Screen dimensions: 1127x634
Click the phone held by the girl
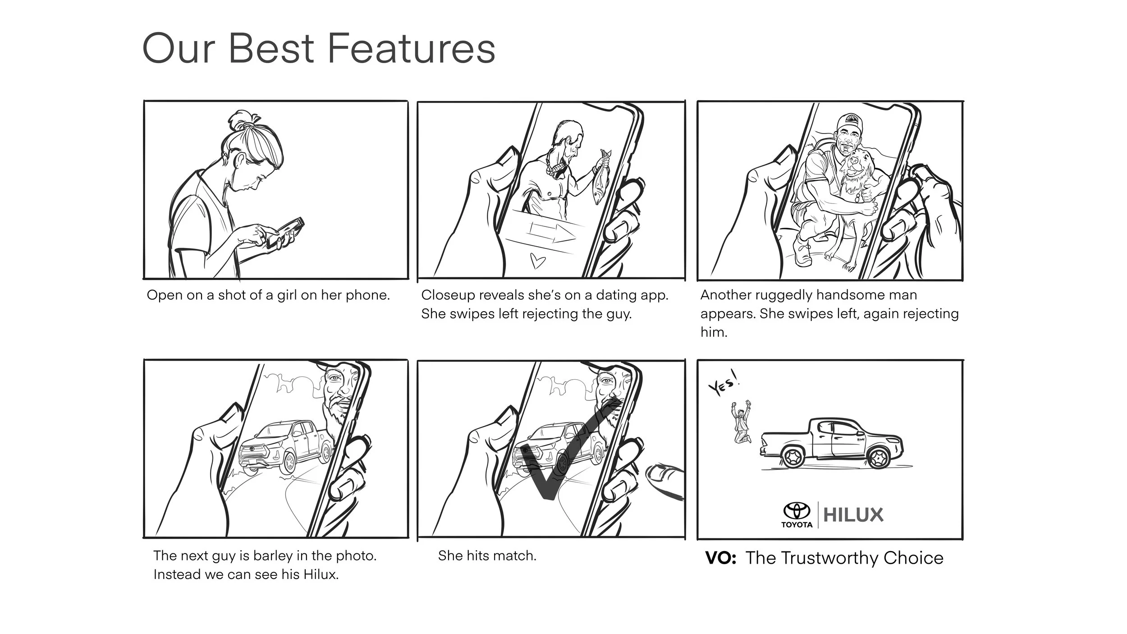(285, 233)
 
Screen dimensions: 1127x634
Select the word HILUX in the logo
(853, 515)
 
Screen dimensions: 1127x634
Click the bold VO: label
(721, 558)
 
